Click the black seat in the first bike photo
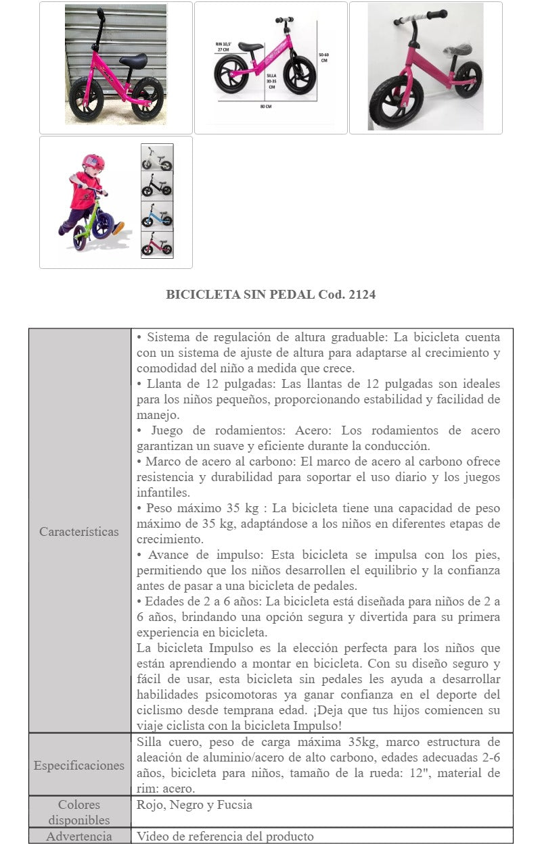pyautogui.click(x=133, y=59)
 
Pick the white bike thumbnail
pyautogui.click(x=157, y=157)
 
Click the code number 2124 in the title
pyautogui.click(x=363, y=295)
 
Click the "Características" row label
pyautogui.click(x=78, y=531)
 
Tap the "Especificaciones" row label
pyautogui.click(x=79, y=766)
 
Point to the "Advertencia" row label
pyautogui.click(x=79, y=837)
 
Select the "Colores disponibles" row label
pyautogui.click(x=79, y=812)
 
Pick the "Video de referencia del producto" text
pyautogui.click(x=225, y=837)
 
